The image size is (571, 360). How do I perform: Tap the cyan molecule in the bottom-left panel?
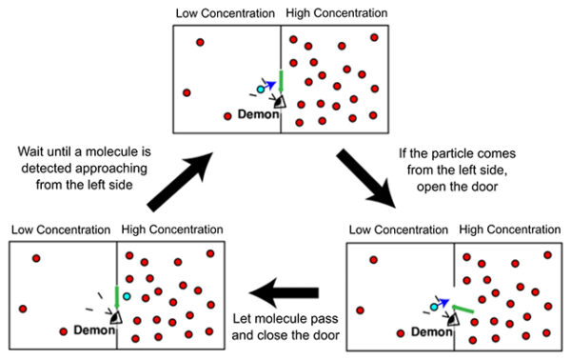(x=127, y=297)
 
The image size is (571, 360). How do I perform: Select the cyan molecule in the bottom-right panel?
(x=434, y=307)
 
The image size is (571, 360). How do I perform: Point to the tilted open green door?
(x=463, y=308)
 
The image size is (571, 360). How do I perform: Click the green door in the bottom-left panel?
(x=116, y=296)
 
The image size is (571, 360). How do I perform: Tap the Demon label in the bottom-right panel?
(x=432, y=331)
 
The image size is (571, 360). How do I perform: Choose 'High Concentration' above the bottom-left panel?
(x=172, y=230)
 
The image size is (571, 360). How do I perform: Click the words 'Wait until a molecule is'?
(x=87, y=151)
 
